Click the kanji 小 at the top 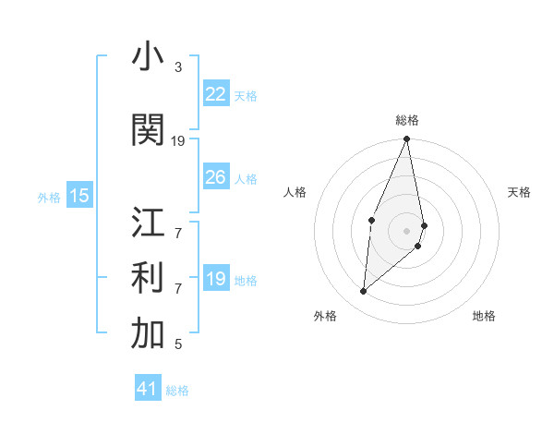(x=148, y=57)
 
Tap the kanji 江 (x=148, y=223)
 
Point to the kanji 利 (x=148, y=278)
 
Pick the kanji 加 (x=148, y=334)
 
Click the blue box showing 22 (x=215, y=94)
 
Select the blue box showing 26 (x=215, y=177)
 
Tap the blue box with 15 (x=79, y=195)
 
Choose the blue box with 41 (x=148, y=389)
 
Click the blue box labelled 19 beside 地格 (x=215, y=279)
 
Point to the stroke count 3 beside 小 (x=177, y=67)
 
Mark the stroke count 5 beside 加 (x=177, y=344)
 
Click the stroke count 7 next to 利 (x=177, y=288)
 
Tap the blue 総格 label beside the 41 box (x=177, y=391)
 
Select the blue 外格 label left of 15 (x=49, y=197)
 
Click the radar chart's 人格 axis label (x=295, y=192)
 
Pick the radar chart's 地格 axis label (x=484, y=316)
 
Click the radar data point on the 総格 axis (x=406, y=139)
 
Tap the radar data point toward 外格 (x=364, y=291)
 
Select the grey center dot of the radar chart (x=406, y=229)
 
